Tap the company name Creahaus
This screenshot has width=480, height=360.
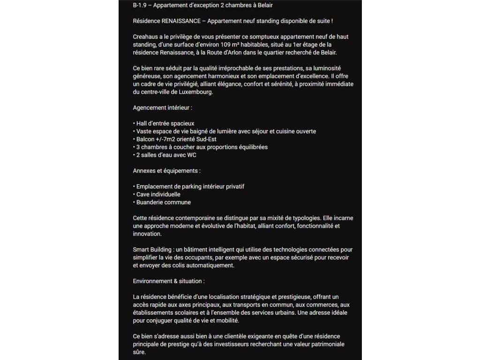click(145, 37)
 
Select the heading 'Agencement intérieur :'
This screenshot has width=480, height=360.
click(163, 107)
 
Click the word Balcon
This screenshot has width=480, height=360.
click(146, 139)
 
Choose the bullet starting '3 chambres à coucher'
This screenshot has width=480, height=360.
click(202, 147)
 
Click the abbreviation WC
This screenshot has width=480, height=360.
click(191, 155)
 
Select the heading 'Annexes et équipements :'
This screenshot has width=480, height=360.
click(167, 171)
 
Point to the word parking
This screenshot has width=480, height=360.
click(193, 187)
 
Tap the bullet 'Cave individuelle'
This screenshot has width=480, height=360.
click(158, 194)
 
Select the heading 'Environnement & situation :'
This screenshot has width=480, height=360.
click(169, 281)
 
